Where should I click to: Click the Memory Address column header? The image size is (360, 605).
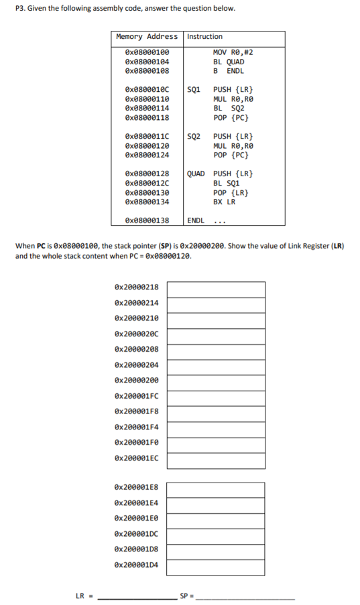(x=147, y=36)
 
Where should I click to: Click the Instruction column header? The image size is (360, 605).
(x=205, y=36)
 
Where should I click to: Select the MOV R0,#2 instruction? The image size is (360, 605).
(x=233, y=52)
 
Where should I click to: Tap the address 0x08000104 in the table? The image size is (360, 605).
(x=147, y=61)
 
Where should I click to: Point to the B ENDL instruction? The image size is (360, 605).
(x=229, y=70)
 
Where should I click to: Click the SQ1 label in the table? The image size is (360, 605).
(x=194, y=90)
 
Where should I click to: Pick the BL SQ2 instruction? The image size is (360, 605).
(x=229, y=109)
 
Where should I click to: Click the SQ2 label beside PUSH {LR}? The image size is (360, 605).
(x=194, y=137)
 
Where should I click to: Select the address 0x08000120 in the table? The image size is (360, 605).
(x=147, y=146)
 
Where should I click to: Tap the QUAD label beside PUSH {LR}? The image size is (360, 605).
(x=196, y=174)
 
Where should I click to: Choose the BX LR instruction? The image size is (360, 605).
(x=225, y=202)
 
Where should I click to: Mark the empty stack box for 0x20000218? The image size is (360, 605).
(x=216, y=288)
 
